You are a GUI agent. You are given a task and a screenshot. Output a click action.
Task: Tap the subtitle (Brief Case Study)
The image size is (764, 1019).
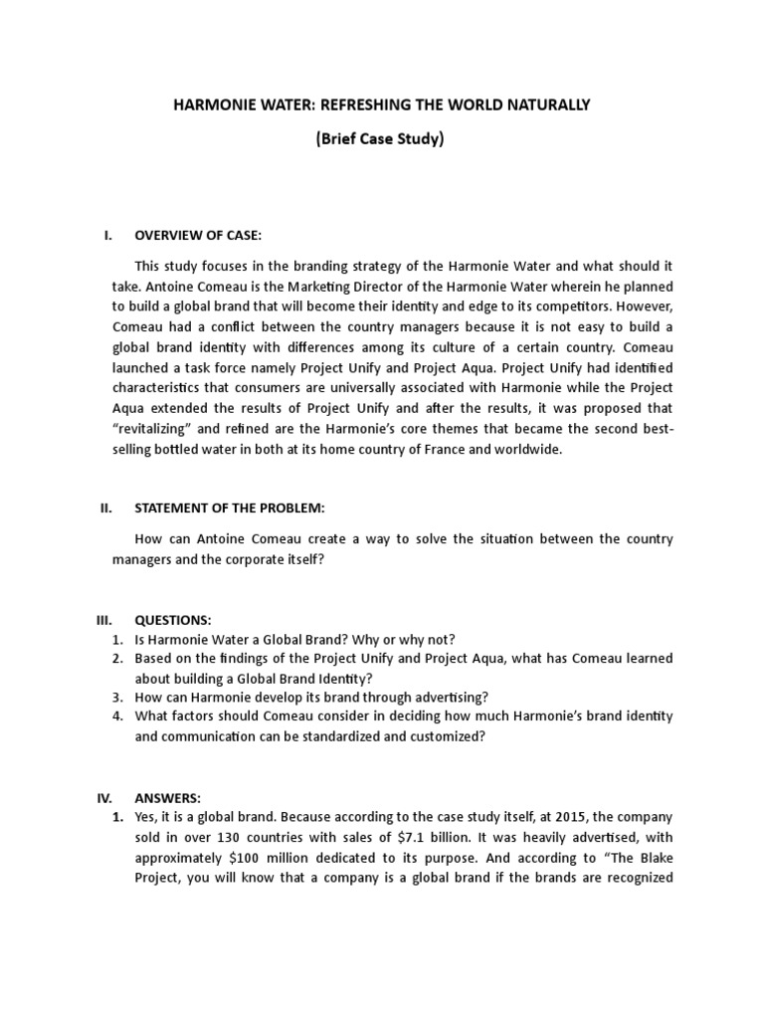click(380, 139)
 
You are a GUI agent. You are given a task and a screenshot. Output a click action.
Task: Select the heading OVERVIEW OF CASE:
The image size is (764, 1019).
click(197, 236)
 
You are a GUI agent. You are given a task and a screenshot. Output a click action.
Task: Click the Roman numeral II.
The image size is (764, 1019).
click(106, 509)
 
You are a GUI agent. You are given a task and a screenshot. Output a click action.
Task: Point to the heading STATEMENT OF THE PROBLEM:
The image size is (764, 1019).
click(230, 509)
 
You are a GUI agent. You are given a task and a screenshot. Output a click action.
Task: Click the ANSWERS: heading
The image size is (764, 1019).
click(168, 798)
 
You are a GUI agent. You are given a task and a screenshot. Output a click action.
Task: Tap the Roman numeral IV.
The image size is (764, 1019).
click(106, 798)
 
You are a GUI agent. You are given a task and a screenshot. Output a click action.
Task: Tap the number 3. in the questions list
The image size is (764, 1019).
click(116, 697)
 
